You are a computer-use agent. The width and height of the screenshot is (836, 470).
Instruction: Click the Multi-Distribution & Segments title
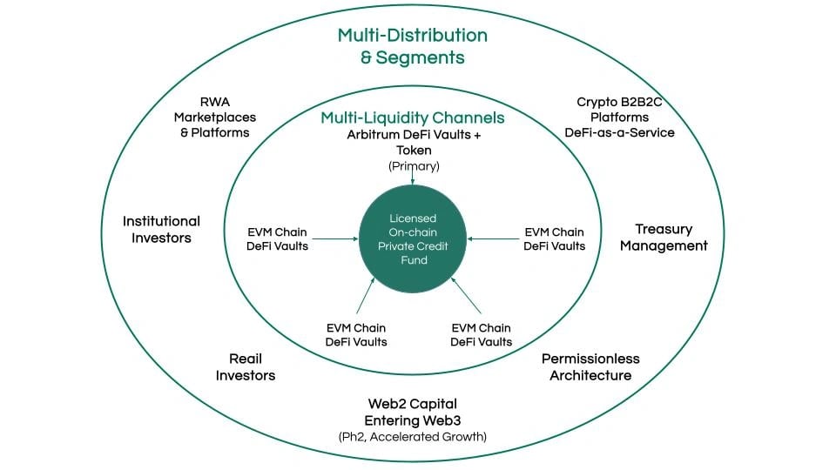point(413,46)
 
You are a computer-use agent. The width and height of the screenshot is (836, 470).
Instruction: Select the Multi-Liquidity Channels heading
point(413,117)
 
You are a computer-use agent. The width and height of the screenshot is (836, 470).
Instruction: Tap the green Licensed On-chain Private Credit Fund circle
point(413,238)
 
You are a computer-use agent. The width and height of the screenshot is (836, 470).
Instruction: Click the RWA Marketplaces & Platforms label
point(215,117)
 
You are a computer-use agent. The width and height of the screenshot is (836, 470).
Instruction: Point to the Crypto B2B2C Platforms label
point(619,110)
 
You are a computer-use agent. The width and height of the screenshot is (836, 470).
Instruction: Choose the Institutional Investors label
point(162,229)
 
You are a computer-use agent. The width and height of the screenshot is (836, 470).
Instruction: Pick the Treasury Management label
point(664,237)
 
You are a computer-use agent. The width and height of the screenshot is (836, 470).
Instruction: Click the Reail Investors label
point(246,366)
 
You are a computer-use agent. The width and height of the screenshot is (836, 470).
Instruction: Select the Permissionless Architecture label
point(590,366)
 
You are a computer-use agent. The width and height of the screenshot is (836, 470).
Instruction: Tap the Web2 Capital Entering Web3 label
point(413,412)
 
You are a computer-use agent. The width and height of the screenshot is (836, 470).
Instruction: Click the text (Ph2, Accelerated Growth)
point(413,437)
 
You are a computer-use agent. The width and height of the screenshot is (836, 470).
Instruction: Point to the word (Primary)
point(415,166)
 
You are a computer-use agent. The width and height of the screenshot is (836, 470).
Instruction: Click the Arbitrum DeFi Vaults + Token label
point(415,142)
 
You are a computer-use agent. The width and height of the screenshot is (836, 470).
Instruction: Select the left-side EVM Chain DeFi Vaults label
point(277,239)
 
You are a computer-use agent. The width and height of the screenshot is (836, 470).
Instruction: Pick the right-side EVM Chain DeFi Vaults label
point(555,239)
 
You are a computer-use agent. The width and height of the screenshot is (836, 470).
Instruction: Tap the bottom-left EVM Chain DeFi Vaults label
point(356,334)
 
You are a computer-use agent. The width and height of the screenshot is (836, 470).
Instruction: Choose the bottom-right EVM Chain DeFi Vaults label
point(482,334)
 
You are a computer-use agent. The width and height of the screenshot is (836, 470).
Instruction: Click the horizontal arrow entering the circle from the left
point(335,238)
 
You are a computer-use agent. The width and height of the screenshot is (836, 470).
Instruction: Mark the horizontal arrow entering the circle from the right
point(493,238)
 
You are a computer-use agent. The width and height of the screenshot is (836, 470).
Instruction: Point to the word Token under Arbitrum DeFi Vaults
point(415,151)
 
